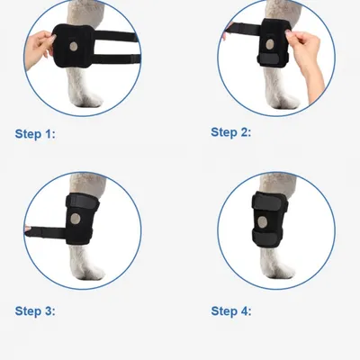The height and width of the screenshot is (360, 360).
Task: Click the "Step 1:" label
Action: [x=35, y=133]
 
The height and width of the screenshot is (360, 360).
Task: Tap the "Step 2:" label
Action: [x=231, y=131]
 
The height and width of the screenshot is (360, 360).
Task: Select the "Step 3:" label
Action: [x=35, y=310]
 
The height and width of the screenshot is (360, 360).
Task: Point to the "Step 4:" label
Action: [x=231, y=310]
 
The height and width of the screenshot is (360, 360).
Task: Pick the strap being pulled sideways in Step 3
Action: [x=54, y=230]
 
